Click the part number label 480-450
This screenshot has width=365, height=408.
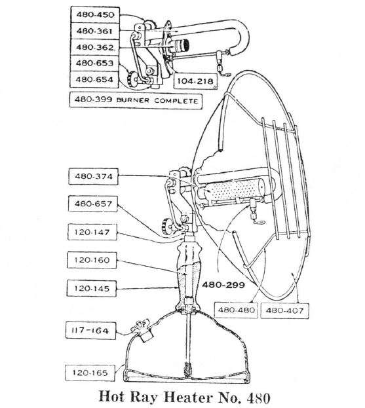tap(95, 14)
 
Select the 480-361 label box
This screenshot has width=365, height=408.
tap(95, 31)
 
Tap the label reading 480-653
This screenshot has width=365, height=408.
tap(95, 64)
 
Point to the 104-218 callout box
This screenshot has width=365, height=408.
tap(195, 81)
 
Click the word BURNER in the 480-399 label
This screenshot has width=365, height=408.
tap(133, 100)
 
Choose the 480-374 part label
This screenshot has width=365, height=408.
tap(94, 176)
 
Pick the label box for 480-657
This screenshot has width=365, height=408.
tap(93, 204)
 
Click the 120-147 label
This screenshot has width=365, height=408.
tap(92, 232)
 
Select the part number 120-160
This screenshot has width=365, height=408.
tap(92, 260)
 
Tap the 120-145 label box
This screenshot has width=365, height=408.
tap(92, 288)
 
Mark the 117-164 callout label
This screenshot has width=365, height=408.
tap(90, 331)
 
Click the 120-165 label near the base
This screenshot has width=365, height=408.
tap(90, 373)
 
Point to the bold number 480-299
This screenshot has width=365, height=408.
tap(223, 285)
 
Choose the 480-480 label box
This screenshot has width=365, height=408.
tap(236, 310)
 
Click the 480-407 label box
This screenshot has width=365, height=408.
tap(284, 310)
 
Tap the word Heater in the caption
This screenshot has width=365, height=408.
tap(188, 398)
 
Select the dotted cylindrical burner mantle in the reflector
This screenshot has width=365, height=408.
tap(233, 189)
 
